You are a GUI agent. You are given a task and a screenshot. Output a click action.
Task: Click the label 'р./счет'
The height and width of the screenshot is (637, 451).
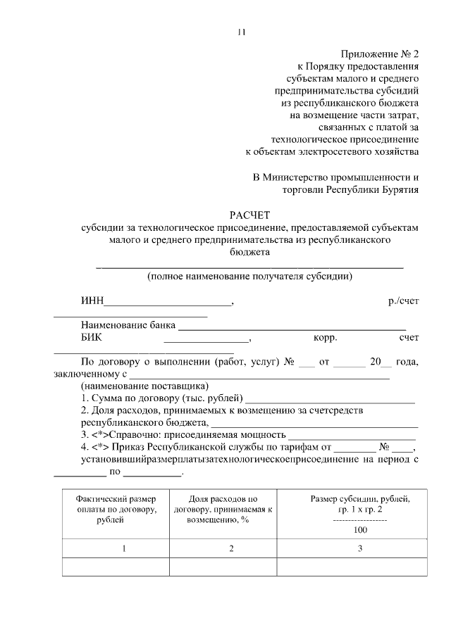click(x=403, y=301)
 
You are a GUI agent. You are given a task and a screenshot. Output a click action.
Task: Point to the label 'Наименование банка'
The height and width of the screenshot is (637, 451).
click(x=128, y=326)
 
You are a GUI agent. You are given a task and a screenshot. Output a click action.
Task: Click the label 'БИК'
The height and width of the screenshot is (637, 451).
click(x=92, y=338)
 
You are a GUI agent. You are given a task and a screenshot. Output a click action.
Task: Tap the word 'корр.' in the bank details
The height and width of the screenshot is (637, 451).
click(x=326, y=338)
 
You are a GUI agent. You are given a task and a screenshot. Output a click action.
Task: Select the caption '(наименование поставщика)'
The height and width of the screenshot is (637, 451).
click(x=144, y=386)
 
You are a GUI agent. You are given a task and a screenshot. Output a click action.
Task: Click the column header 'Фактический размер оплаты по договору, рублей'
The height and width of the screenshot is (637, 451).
click(x=117, y=510)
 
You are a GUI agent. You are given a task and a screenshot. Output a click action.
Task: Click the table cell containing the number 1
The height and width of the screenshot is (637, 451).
click(x=123, y=549)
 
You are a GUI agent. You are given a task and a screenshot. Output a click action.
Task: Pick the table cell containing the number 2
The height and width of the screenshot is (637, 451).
click(x=230, y=549)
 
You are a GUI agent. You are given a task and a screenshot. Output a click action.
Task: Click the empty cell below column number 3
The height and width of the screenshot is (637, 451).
click(x=359, y=567)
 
